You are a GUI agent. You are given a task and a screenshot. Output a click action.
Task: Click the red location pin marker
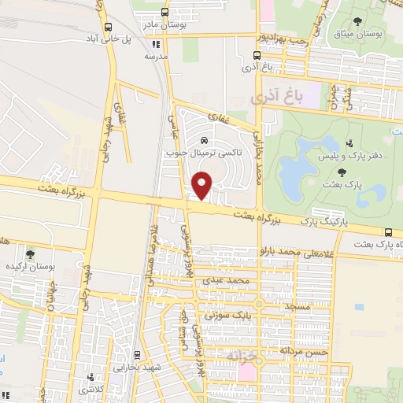pyautogui.click(x=202, y=185)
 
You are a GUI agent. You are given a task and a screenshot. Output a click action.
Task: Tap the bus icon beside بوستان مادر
pyautogui.click(x=164, y=13)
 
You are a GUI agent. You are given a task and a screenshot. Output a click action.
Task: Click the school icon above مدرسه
pyautogui.click(x=156, y=45)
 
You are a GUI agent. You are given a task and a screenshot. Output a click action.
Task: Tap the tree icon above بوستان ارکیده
pyautogui.click(x=30, y=254)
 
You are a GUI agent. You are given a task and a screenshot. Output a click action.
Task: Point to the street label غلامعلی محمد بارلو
pyautogui.click(x=301, y=252)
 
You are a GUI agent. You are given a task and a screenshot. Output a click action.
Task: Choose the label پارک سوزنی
pyautogui.click(x=225, y=315)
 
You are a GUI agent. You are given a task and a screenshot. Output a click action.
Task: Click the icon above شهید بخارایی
pyautogui.click(x=135, y=355)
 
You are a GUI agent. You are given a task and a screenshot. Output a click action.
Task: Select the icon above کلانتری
pyautogui.click(x=93, y=377)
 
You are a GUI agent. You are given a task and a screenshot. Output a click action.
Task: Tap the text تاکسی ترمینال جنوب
pyautogui.click(x=206, y=154)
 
